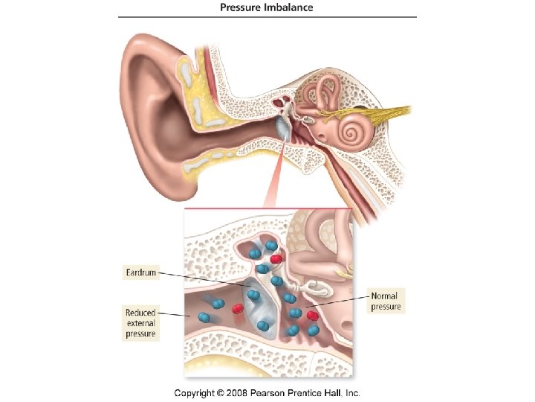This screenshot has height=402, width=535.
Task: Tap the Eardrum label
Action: pos(141,273)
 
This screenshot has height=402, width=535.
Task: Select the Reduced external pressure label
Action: pos(140,323)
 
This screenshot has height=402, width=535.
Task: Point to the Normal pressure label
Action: pos(386,301)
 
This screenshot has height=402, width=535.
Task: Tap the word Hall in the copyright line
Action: pos(330,392)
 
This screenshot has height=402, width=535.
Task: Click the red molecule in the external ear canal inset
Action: pos(239,307)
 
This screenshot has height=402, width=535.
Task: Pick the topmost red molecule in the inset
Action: pos(276,258)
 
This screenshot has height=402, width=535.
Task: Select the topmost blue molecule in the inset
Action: pos(272,245)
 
